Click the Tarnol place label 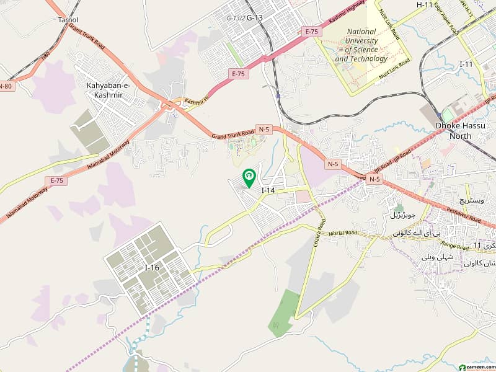pos(68,19)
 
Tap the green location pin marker pos(249,179)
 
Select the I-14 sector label pos(268,190)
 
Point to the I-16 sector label pos(151,267)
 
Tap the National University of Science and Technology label pos(361,45)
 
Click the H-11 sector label pos(425,5)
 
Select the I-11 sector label pos(467,64)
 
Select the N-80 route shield pos(6,86)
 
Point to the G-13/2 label pos(235,18)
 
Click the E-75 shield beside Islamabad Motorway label pos(57,180)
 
